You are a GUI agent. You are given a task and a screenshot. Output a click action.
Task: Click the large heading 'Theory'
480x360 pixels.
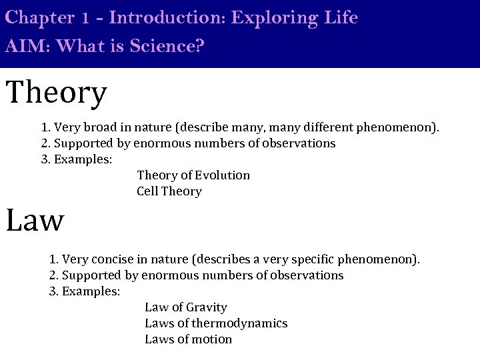[56, 93]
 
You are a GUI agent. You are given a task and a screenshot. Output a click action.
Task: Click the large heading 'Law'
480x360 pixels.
[35, 220]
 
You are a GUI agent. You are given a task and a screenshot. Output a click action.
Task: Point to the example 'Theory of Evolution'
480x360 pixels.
[193, 175]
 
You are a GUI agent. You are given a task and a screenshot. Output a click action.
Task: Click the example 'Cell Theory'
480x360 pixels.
[169, 191]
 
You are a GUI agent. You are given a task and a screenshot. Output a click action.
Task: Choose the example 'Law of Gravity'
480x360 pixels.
[185, 307]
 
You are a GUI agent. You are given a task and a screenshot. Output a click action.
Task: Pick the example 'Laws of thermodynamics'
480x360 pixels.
[216, 323]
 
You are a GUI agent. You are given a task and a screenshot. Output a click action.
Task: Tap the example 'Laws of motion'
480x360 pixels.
[188, 339]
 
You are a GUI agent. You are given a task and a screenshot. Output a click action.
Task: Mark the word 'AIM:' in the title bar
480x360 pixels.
[23, 47]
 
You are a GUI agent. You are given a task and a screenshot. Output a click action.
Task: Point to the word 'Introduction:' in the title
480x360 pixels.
[167, 17]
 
